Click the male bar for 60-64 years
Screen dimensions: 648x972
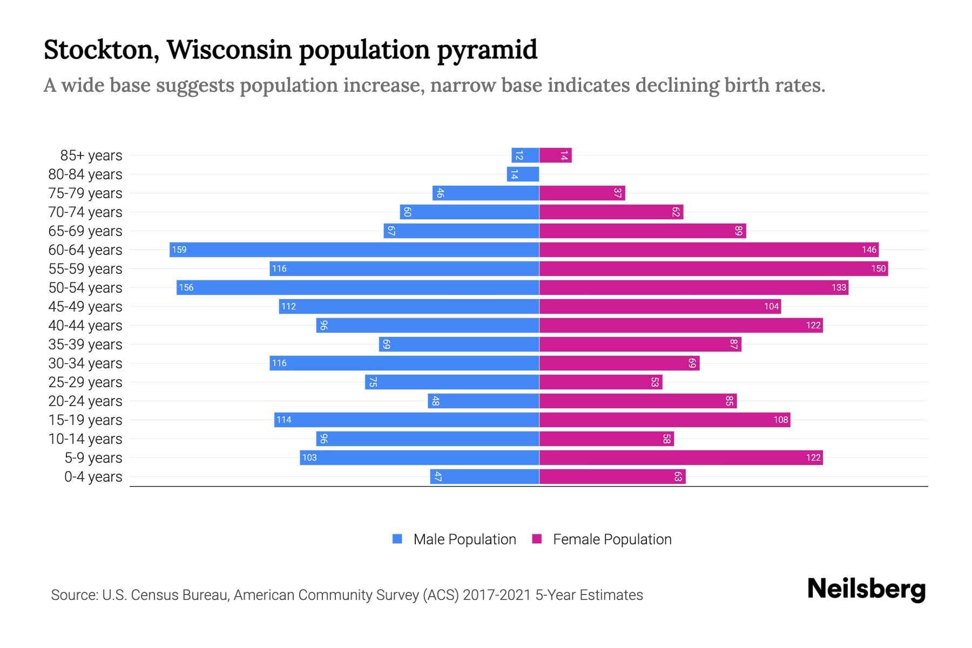pyautogui.click(x=354, y=249)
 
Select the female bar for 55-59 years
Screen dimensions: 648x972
pyautogui.click(x=713, y=268)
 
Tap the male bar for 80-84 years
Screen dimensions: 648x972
pyautogui.click(x=523, y=174)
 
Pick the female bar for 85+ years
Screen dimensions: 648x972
pyautogui.click(x=555, y=156)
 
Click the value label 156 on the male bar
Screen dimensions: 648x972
pyautogui.click(x=186, y=287)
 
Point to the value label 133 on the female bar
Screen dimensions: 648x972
pyautogui.click(x=839, y=287)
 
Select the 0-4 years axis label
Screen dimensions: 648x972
pyautogui.click(x=93, y=477)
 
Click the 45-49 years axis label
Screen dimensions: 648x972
pyautogui.click(x=85, y=307)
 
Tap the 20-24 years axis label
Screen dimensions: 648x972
pyautogui.click(x=85, y=401)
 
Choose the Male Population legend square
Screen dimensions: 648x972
pyautogui.click(x=397, y=539)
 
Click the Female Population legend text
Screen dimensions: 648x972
pyautogui.click(x=612, y=539)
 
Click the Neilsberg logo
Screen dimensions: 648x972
pyautogui.click(x=866, y=589)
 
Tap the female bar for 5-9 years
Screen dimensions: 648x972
pyautogui.click(x=680, y=457)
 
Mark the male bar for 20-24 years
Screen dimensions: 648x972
pyautogui.click(x=483, y=401)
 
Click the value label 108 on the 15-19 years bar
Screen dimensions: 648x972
pyautogui.click(x=780, y=420)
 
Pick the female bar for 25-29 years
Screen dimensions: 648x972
pyautogui.click(x=600, y=382)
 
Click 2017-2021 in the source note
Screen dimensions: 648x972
pyautogui.click(x=497, y=595)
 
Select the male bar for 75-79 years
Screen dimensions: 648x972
pyautogui.click(x=485, y=193)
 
